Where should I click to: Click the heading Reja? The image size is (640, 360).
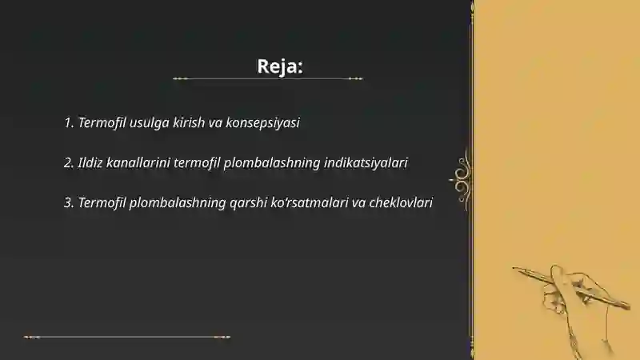[280, 66]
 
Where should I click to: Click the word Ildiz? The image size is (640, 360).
[91, 162]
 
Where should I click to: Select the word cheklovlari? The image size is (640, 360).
[401, 202]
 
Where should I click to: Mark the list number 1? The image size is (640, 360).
[68, 123]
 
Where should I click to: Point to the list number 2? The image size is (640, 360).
[68, 162]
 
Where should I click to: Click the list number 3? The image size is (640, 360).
[68, 202]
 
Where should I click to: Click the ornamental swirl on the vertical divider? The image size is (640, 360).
[462, 174]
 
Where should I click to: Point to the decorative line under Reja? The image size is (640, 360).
[268, 79]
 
